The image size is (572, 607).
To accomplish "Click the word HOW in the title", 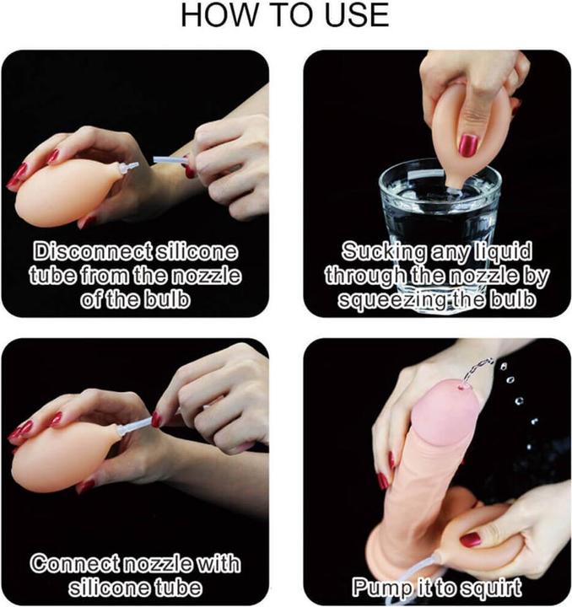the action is click(x=219, y=15).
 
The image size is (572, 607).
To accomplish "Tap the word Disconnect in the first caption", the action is click(x=92, y=251).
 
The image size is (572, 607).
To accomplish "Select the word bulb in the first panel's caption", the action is click(x=167, y=299).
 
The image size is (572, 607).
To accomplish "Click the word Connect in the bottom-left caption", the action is click(x=76, y=564).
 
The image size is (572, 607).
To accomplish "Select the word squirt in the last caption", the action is click(x=489, y=588).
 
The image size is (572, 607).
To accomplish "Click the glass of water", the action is click(x=440, y=217).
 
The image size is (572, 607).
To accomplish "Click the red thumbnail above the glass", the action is click(x=468, y=146).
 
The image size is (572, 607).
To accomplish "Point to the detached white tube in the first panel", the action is click(x=170, y=159).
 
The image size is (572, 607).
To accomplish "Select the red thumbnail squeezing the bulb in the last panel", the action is click(x=471, y=540).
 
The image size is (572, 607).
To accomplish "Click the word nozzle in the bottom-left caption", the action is click(x=157, y=564).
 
